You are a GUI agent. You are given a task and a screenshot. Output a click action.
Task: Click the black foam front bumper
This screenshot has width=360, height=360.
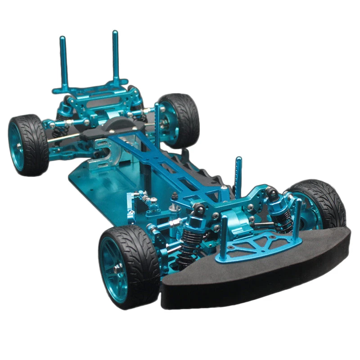tap(252, 279)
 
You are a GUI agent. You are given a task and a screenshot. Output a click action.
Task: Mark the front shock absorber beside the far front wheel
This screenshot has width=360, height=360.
tap(277, 211)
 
